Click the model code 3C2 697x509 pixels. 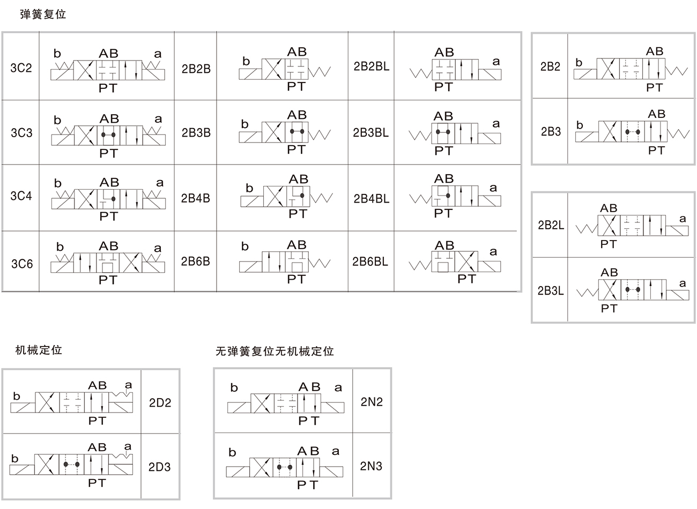click(x=21, y=68)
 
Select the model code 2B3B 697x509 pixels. click(x=196, y=132)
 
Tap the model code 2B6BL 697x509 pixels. click(x=370, y=261)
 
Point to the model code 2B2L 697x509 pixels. click(x=551, y=225)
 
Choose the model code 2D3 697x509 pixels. click(x=160, y=467)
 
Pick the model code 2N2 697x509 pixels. click(x=372, y=402)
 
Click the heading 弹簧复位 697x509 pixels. click(x=43, y=14)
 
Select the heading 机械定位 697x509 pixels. click(x=39, y=350)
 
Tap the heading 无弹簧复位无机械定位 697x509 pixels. click(x=275, y=351)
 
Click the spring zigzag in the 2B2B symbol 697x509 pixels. click(x=320, y=72)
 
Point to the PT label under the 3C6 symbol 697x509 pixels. click(x=108, y=280)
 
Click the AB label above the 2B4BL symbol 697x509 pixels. click(x=444, y=179)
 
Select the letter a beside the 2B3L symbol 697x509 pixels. click(x=683, y=283)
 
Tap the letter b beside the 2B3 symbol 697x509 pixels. click(x=580, y=125)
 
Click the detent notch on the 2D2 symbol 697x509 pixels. click(x=122, y=395)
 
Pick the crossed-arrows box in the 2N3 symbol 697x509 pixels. click(x=261, y=467)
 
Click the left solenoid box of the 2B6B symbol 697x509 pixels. click(x=250, y=267)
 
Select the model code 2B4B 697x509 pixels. click(x=195, y=198)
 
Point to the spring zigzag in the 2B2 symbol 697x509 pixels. click(x=677, y=71)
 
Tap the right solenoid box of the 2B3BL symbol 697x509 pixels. click(x=490, y=138)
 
